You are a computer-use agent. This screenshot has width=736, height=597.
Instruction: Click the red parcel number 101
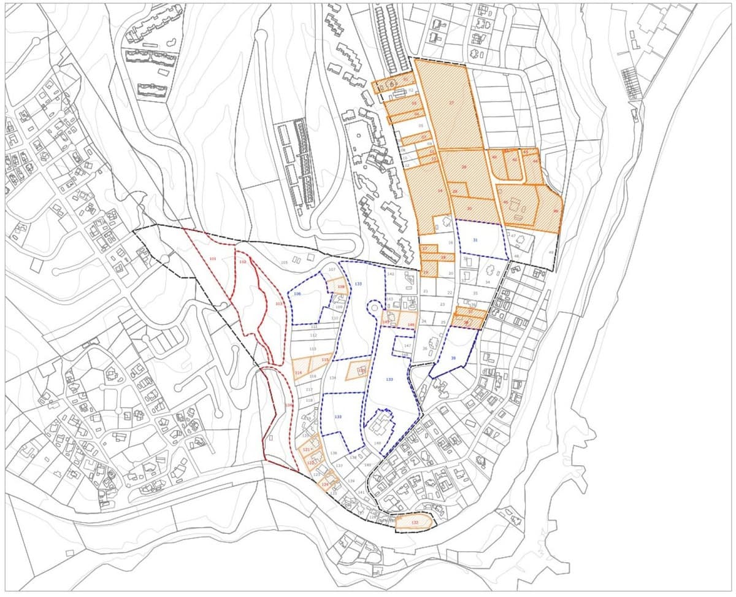coord(213,259)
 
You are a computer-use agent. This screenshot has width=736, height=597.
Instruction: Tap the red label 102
coord(242,262)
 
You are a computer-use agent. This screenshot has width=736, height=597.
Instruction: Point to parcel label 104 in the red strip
coord(288,405)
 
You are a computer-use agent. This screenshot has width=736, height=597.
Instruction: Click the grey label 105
coord(284,263)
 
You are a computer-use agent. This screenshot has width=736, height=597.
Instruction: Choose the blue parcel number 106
coord(297,295)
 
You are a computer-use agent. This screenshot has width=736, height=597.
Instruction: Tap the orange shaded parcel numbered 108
coord(341,287)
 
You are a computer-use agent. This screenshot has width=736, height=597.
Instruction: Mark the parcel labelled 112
coord(313,336)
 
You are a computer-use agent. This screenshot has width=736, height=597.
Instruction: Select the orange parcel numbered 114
coord(299,372)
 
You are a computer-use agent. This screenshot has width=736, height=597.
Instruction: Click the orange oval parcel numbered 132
coord(415,522)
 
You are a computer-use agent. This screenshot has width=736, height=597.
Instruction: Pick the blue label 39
coord(453,358)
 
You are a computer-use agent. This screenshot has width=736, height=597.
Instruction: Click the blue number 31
coord(475,240)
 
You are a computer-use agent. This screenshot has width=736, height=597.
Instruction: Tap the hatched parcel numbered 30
coord(469,209)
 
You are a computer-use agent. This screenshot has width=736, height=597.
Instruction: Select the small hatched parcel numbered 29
coord(454,192)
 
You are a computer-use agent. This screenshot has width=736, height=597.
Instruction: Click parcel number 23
coord(442,304)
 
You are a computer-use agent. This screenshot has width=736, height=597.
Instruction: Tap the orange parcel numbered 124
coord(325,483)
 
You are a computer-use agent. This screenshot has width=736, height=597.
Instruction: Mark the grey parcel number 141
coord(361,492)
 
